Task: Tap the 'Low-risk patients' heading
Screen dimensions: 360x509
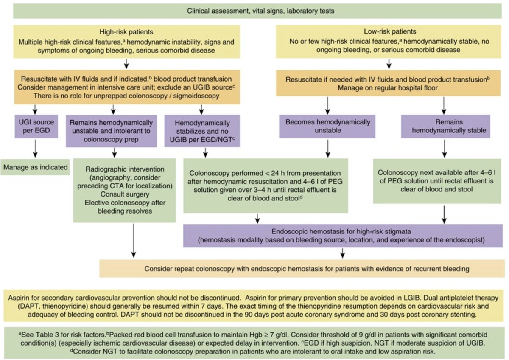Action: pyautogui.click(x=390, y=31)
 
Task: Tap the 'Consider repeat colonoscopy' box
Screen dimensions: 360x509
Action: pyautogui.click(x=302, y=269)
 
